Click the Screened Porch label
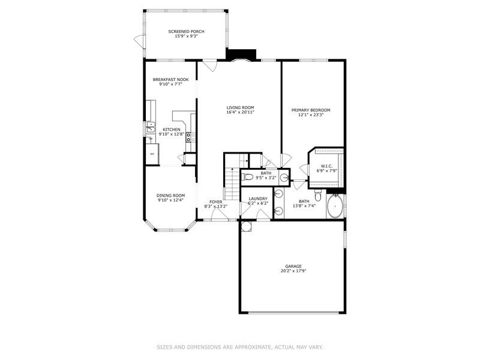(x=186, y=31)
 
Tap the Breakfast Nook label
(x=171, y=80)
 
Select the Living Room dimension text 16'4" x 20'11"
(x=240, y=113)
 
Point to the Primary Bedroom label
(x=311, y=110)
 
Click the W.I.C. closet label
(x=326, y=166)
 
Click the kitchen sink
(x=150, y=127)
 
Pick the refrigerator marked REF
(x=152, y=154)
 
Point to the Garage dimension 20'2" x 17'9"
(x=293, y=271)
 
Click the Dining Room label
(x=171, y=196)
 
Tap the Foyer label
(x=215, y=202)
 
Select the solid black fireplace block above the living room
(x=241, y=55)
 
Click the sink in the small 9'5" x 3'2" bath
(x=283, y=178)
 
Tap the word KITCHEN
(x=172, y=129)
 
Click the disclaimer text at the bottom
(x=240, y=346)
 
